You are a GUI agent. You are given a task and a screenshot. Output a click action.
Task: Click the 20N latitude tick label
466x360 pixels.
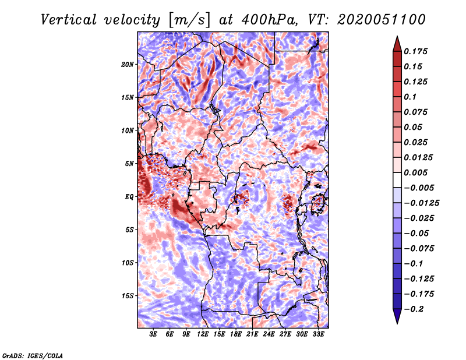128,64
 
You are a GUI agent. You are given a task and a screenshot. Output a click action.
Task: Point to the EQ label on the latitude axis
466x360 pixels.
129,197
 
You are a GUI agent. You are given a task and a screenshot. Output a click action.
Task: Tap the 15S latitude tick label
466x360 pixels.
128,296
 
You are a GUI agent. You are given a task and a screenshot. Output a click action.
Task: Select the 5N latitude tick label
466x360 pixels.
129,164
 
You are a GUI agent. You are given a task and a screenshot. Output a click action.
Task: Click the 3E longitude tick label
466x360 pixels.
154,334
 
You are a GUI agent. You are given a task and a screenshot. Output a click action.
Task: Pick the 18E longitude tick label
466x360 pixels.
236,334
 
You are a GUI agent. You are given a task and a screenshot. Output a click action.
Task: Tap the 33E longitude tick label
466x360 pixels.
318,334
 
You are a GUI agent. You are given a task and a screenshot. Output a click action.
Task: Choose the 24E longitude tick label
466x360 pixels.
269,334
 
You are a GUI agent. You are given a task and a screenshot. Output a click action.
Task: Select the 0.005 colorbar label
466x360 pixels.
417,173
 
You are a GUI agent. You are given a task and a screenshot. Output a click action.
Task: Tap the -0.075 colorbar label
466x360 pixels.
419,249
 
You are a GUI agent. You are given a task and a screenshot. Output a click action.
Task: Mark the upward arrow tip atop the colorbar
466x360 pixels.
396,38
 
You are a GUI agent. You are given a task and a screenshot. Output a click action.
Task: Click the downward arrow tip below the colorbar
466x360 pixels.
396,322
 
